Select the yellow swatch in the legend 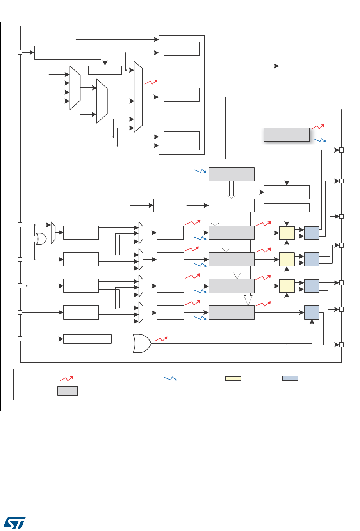click(233, 378)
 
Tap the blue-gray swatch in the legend click(290, 378)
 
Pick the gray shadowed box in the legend click(68, 391)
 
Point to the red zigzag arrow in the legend click(66, 378)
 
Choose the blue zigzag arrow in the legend click(169, 378)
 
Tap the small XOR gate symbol click(41, 238)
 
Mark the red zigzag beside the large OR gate click(160, 339)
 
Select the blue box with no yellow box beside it click(311, 312)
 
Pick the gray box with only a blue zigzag click(231, 174)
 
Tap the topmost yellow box click(287, 233)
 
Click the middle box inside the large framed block click(182, 94)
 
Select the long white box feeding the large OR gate click(87, 339)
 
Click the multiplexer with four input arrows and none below click(75, 88)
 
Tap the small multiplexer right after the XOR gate click(53, 233)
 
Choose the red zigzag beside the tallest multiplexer click(150, 82)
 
